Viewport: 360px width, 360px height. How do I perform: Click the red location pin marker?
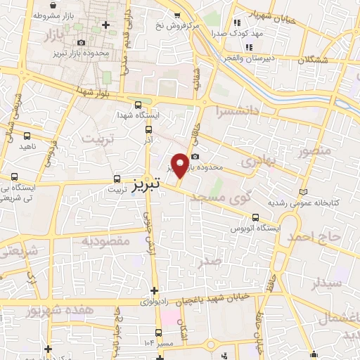coord(180,165)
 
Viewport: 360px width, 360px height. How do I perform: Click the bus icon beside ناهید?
coord(27,135)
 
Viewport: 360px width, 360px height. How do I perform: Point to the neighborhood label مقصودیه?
coord(106,241)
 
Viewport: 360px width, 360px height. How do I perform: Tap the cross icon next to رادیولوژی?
coord(154,290)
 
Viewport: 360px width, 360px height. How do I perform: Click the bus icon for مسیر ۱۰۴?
coord(158,333)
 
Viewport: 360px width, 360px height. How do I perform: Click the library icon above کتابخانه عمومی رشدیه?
coord(304,192)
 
